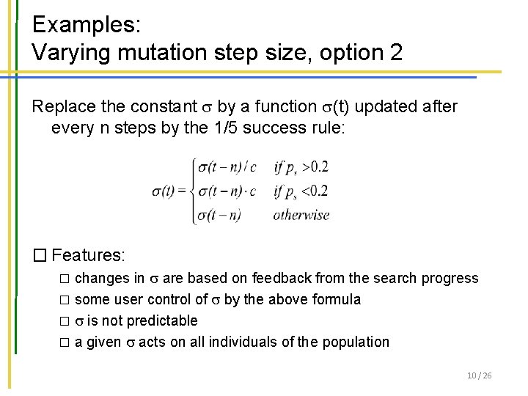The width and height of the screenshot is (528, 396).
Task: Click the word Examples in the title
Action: (76, 24)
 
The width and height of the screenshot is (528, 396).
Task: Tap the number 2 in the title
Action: (395, 53)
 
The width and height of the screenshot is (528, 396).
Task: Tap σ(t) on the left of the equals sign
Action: (167, 191)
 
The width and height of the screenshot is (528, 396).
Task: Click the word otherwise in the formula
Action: (301, 216)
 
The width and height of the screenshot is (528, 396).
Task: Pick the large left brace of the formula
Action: (191, 191)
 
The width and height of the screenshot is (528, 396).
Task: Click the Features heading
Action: (89, 255)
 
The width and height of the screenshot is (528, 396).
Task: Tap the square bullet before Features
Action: (40, 255)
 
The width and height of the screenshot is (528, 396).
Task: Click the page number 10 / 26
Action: (479, 375)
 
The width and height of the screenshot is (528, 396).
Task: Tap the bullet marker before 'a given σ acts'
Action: (64, 342)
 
